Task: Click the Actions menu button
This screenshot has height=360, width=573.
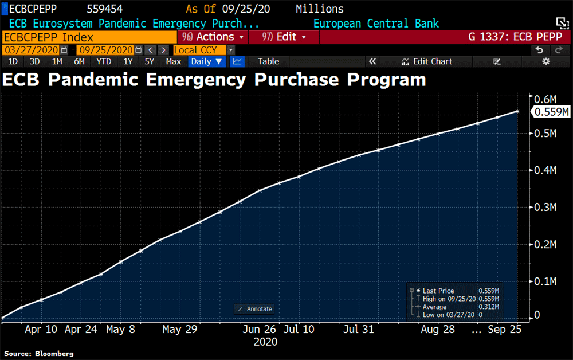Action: [213, 37]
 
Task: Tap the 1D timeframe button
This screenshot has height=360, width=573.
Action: [13, 61]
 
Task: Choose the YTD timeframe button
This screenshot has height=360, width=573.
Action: [104, 61]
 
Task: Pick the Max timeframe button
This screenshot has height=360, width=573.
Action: [174, 61]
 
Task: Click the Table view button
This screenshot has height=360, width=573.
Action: [268, 61]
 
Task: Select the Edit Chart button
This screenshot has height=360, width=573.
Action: [427, 61]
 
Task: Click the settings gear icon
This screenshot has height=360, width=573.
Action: [545, 61]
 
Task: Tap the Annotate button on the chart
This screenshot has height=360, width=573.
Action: [255, 309]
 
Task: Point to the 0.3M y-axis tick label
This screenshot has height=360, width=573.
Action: [545, 208]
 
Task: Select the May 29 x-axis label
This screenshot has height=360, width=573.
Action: [180, 330]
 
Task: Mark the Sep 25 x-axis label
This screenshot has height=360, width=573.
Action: [504, 330]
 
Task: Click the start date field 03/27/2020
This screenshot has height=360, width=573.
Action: [31, 50]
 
